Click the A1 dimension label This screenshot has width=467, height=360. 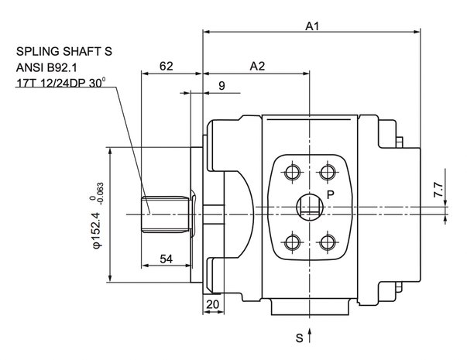click(x=312, y=26)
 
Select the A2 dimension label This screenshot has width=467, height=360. click(x=257, y=66)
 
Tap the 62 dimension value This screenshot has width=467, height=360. click(x=167, y=66)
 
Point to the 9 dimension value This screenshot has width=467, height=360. click(x=221, y=86)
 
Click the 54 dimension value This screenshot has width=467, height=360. click(x=167, y=259)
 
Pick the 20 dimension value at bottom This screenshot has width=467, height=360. click(x=212, y=304)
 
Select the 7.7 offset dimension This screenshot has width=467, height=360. click(x=438, y=190)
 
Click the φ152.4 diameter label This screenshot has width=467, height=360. click(x=97, y=230)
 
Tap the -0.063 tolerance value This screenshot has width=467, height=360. click(x=101, y=194)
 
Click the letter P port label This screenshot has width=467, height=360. click(x=331, y=195)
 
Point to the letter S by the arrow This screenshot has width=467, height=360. click(x=299, y=338)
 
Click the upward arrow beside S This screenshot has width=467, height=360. click(x=310, y=335)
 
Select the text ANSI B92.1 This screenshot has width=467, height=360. click(x=46, y=67)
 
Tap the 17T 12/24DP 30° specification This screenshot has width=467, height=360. click(x=60, y=83)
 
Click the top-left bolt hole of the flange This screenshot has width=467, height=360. click(x=293, y=172)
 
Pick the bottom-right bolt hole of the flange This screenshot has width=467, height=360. click(x=328, y=242)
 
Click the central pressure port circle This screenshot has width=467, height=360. click(x=310, y=207)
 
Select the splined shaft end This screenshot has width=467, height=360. click(x=166, y=214)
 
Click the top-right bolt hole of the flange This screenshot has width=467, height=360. click(x=328, y=172)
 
